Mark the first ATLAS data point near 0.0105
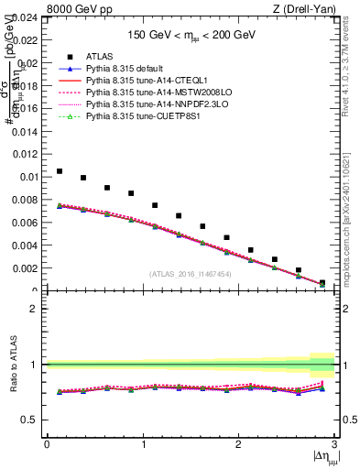tap(60, 171)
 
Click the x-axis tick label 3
tap(334, 444)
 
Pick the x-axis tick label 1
tap(142, 444)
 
